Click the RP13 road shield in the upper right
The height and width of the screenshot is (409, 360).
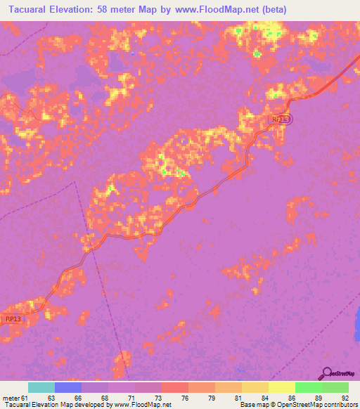(x=280, y=119)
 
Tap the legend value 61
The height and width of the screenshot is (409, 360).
(x=23, y=397)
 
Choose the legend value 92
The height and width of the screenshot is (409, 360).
(x=345, y=397)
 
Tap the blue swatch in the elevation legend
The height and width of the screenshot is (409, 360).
(x=68, y=387)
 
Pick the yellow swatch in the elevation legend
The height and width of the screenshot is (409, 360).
(x=281, y=387)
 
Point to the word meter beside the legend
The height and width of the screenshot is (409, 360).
(x=9, y=397)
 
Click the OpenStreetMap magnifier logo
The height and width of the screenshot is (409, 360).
(x=326, y=373)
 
